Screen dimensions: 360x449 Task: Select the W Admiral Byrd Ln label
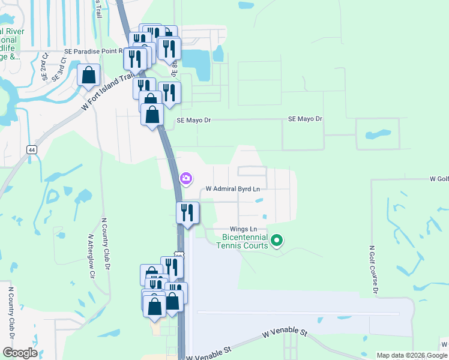233,188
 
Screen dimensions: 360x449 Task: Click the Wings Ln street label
244,229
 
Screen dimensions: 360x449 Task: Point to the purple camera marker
186,178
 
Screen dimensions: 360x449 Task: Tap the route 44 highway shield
31,149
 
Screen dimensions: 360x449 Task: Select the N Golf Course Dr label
373,269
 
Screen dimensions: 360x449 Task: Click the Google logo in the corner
20,353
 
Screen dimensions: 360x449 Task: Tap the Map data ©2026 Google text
412,355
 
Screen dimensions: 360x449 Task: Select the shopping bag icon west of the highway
88,76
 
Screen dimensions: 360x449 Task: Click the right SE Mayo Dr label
305,119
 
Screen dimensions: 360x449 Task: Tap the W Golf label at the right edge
439,179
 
